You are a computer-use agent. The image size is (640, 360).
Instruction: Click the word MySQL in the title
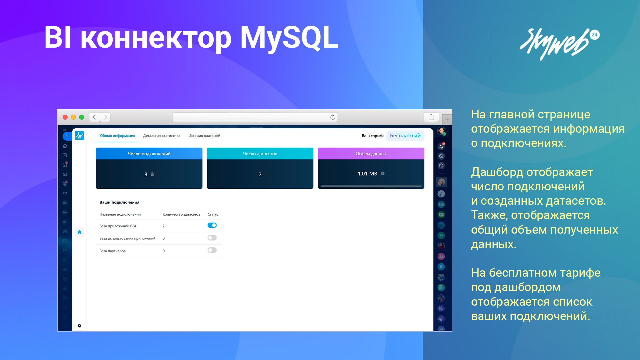tap(289, 38)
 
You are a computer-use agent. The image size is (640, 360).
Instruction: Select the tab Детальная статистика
tap(162, 136)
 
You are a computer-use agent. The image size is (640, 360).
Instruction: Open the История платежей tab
tap(204, 136)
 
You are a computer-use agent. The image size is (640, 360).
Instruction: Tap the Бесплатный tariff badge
tap(405, 136)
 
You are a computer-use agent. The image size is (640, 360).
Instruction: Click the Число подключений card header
tap(149, 154)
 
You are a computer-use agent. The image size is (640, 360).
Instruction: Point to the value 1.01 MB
tap(367, 174)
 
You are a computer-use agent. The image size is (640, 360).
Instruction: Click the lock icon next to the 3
tap(152, 174)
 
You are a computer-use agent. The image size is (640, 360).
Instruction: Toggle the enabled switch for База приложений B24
tap(212, 225)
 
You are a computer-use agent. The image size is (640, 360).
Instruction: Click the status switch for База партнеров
tap(212, 250)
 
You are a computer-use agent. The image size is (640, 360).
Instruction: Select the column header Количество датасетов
tap(181, 214)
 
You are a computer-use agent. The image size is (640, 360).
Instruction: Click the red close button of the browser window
tap(65, 117)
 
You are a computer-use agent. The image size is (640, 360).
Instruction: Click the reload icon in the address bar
tap(333, 117)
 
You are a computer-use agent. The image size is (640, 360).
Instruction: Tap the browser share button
tap(431, 117)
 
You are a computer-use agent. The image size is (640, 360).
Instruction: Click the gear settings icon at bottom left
tap(79, 326)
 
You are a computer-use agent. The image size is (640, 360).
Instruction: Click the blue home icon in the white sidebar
tap(79, 232)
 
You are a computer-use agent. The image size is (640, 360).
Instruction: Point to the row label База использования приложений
tap(127, 238)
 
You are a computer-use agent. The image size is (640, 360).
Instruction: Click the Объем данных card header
tap(371, 154)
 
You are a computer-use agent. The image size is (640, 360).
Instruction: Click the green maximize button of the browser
tap(82, 117)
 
